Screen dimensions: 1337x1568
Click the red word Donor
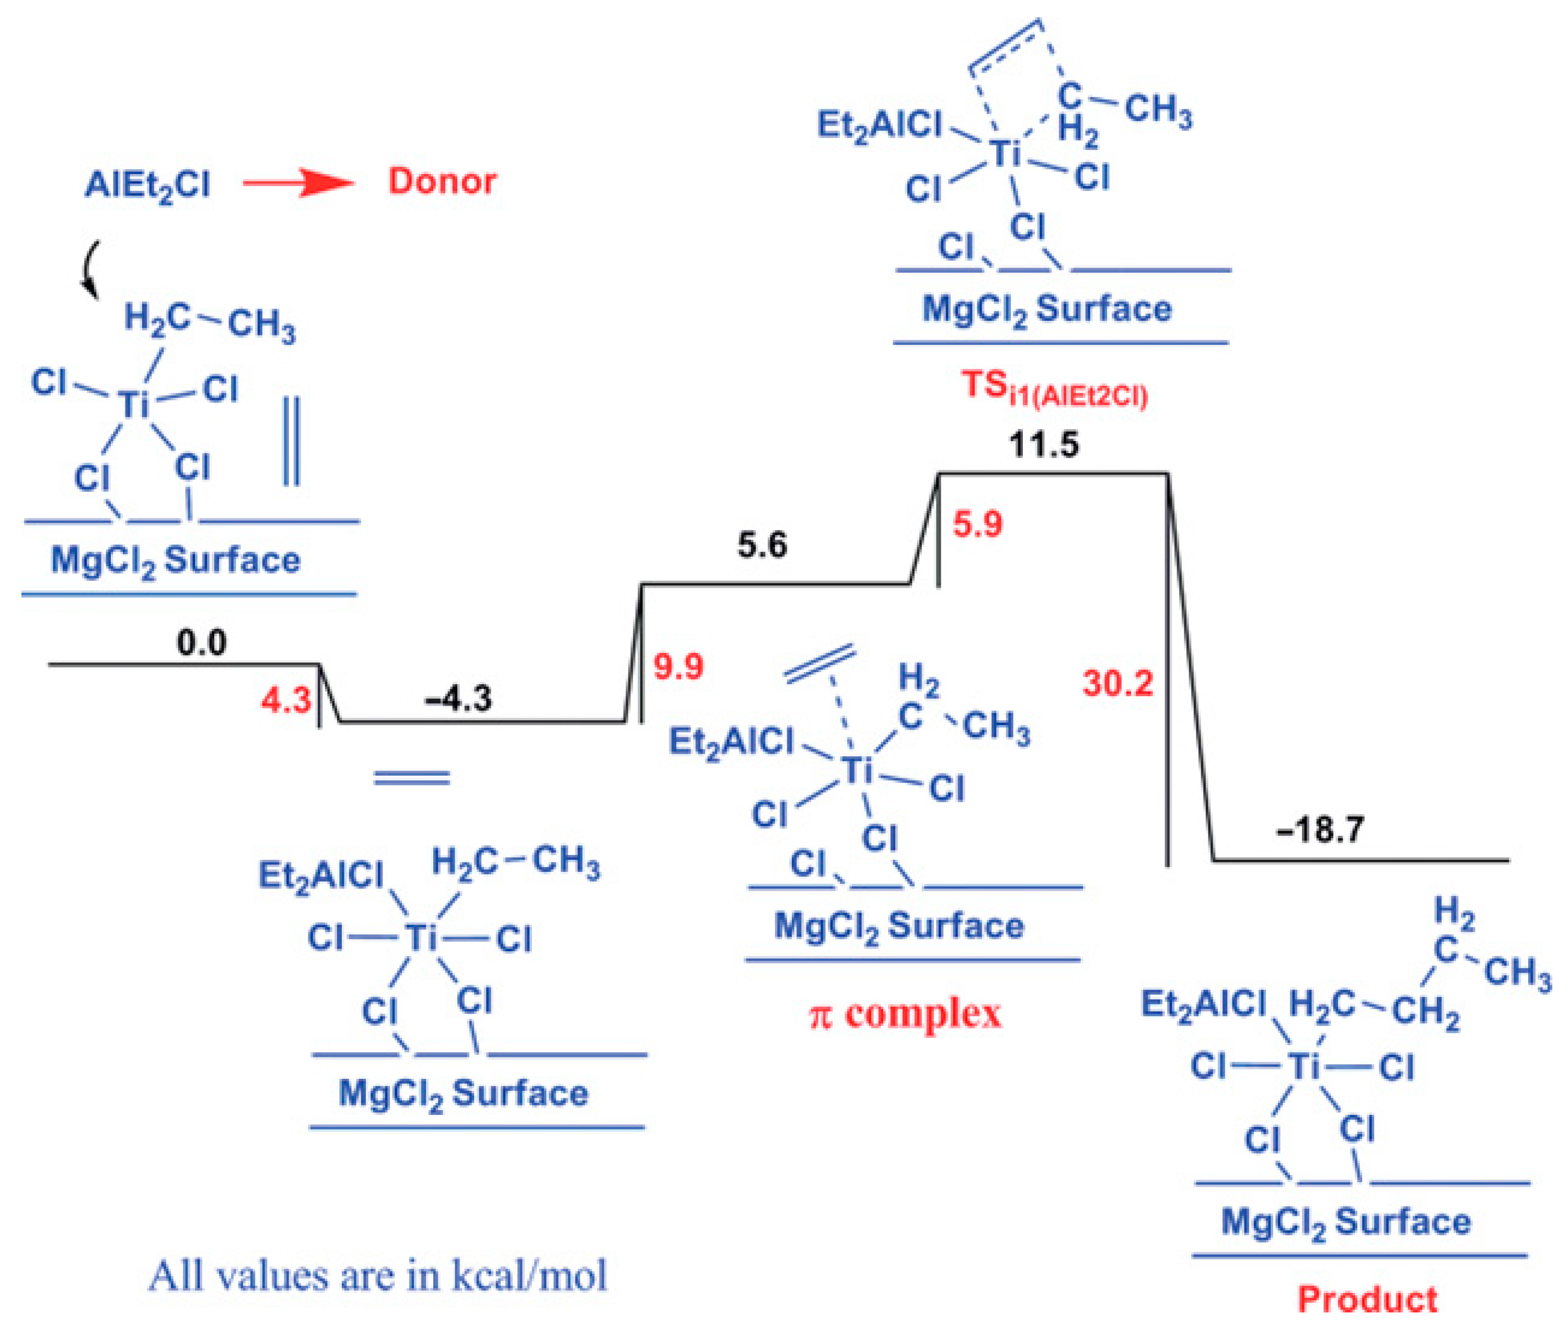pyautogui.click(x=442, y=181)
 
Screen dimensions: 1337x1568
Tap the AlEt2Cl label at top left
pyautogui.click(x=147, y=185)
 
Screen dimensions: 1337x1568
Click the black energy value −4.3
pyautogui.click(x=458, y=698)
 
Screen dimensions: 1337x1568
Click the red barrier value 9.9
pyautogui.click(x=678, y=666)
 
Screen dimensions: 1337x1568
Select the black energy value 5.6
pyautogui.click(x=762, y=545)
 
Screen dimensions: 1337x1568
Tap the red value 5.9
pyautogui.click(x=977, y=524)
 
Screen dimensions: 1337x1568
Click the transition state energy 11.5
pyautogui.click(x=1044, y=444)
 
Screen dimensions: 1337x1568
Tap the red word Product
pyautogui.click(x=1367, y=1299)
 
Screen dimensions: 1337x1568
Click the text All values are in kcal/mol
pyautogui.click(x=377, y=1276)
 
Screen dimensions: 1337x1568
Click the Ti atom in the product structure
pyautogui.click(x=1303, y=1067)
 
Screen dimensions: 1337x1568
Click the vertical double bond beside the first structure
pyautogui.click(x=291, y=441)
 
